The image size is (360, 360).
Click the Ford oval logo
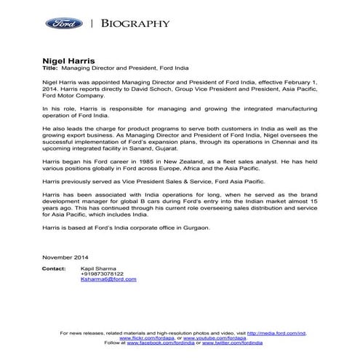click(x=63, y=23)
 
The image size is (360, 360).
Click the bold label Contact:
click(x=54, y=268)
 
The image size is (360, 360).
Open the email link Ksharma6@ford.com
click(x=109, y=279)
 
